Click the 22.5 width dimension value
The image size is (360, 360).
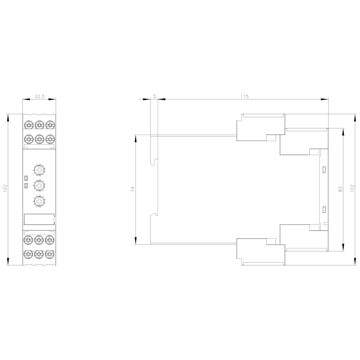click(39, 96)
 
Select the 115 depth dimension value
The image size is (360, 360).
click(244, 96)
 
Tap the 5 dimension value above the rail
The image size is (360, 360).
click(154, 96)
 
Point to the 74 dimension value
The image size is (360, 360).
click(132, 190)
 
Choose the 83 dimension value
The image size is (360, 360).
click(339, 190)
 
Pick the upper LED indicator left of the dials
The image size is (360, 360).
click(26, 178)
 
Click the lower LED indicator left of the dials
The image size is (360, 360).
click(26, 185)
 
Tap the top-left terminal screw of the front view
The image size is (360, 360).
click(28, 125)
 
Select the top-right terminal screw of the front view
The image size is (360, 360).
click(50, 125)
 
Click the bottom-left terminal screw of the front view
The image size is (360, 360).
click(28, 254)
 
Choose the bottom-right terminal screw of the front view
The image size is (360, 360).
click(50, 254)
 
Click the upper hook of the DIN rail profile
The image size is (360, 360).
click(155, 162)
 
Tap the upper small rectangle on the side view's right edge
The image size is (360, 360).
click(324, 169)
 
